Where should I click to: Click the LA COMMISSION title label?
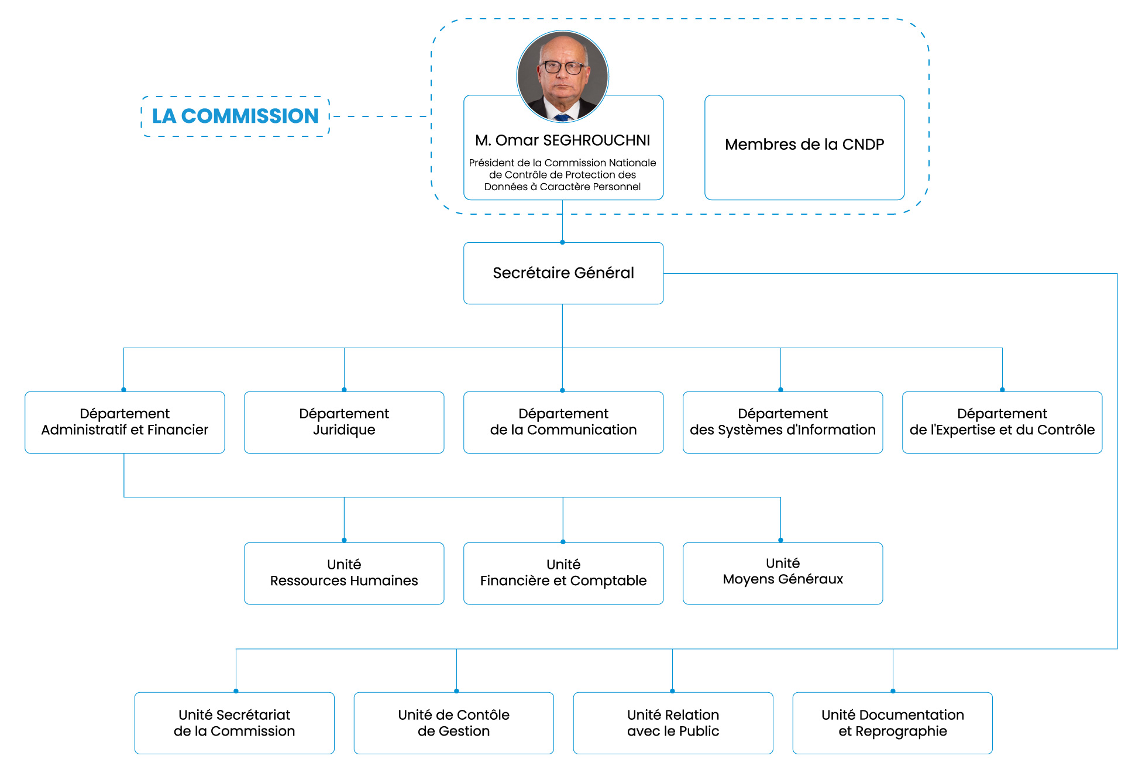coord(235,116)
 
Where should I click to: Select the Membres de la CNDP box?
coord(804,146)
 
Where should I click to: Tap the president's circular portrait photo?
coord(562,76)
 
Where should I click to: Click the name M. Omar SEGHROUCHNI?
coord(562,140)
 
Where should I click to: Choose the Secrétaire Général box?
coord(563,273)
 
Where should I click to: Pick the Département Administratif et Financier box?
coord(125,422)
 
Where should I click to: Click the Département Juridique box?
coord(344,422)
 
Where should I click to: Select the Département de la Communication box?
coord(563,422)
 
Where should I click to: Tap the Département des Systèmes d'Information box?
coord(782,422)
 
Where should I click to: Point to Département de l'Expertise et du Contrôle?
coord(1002,422)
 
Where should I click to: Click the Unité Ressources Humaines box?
coord(344,573)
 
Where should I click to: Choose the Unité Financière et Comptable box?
coord(563,573)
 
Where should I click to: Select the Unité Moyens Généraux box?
coord(782,573)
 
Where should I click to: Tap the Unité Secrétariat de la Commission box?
coord(234,723)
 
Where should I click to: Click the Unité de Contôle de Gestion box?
coord(453,723)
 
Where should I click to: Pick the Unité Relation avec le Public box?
coord(673,723)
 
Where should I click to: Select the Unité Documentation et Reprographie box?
coord(892,723)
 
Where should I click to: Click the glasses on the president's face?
coord(563,67)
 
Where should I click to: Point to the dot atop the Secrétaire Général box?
coord(562,242)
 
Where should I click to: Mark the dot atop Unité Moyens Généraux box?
coord(780,540)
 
